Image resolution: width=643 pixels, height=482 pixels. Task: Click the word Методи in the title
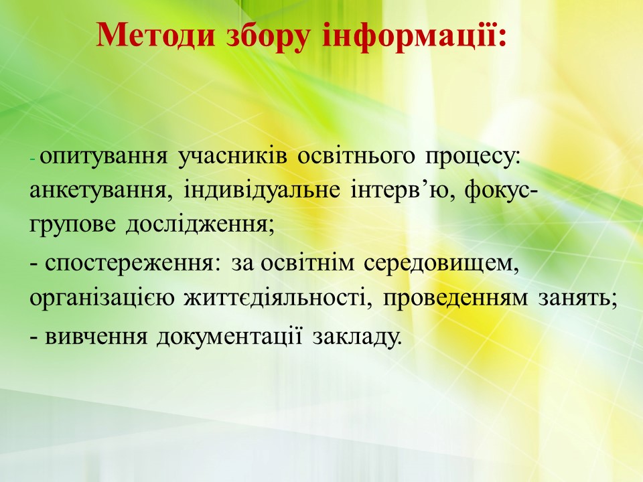pyautogui.click(x=155, y=35)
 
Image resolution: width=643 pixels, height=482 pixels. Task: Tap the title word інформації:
pyautogui.click(x=414, y=36)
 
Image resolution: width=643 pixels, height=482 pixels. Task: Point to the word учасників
pyautogui.click(x=232, y=157)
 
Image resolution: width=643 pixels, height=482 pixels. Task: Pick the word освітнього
pyautogui.click(x=356, y=157)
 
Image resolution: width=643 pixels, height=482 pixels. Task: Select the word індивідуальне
pyautogui.click(x=262, y=191)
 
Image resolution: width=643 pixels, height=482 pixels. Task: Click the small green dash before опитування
pyautogui.click(x=33, y=159)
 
